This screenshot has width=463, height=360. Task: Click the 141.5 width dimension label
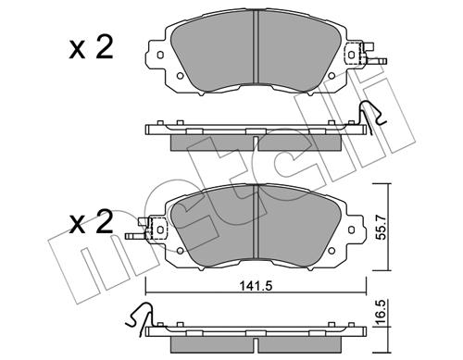256,286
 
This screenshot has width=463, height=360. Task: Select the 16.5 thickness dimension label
382,314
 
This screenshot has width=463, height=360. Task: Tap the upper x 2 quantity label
91,48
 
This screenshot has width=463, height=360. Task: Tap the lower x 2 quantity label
91,223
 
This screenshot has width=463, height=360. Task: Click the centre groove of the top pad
256,47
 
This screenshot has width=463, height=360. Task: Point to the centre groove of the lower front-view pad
256,221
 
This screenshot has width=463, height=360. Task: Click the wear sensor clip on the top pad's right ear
364,55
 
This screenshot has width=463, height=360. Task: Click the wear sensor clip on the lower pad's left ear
146,229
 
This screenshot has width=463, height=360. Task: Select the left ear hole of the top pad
160,55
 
